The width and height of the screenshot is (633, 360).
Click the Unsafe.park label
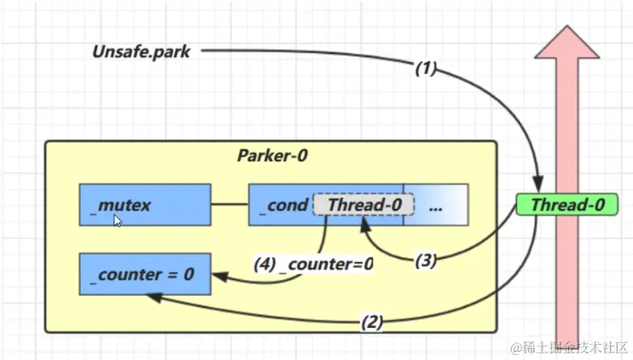point(141,52)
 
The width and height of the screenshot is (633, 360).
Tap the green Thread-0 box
point(567,205)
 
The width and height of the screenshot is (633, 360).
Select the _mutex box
point(145,205)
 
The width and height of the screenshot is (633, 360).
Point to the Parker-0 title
point(273,156)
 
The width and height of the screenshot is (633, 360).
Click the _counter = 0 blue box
point(145,274)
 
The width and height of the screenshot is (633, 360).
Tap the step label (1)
point(426,69)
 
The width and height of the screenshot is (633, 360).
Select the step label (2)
point(372,323)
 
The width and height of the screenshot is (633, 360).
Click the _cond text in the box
point(282,205)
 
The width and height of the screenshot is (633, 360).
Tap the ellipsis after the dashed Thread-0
point(436,205)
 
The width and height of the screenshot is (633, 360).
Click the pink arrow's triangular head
point(566,43)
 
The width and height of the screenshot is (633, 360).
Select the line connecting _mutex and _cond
point(229,204)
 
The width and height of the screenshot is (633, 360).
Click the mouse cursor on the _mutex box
point(117,220)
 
